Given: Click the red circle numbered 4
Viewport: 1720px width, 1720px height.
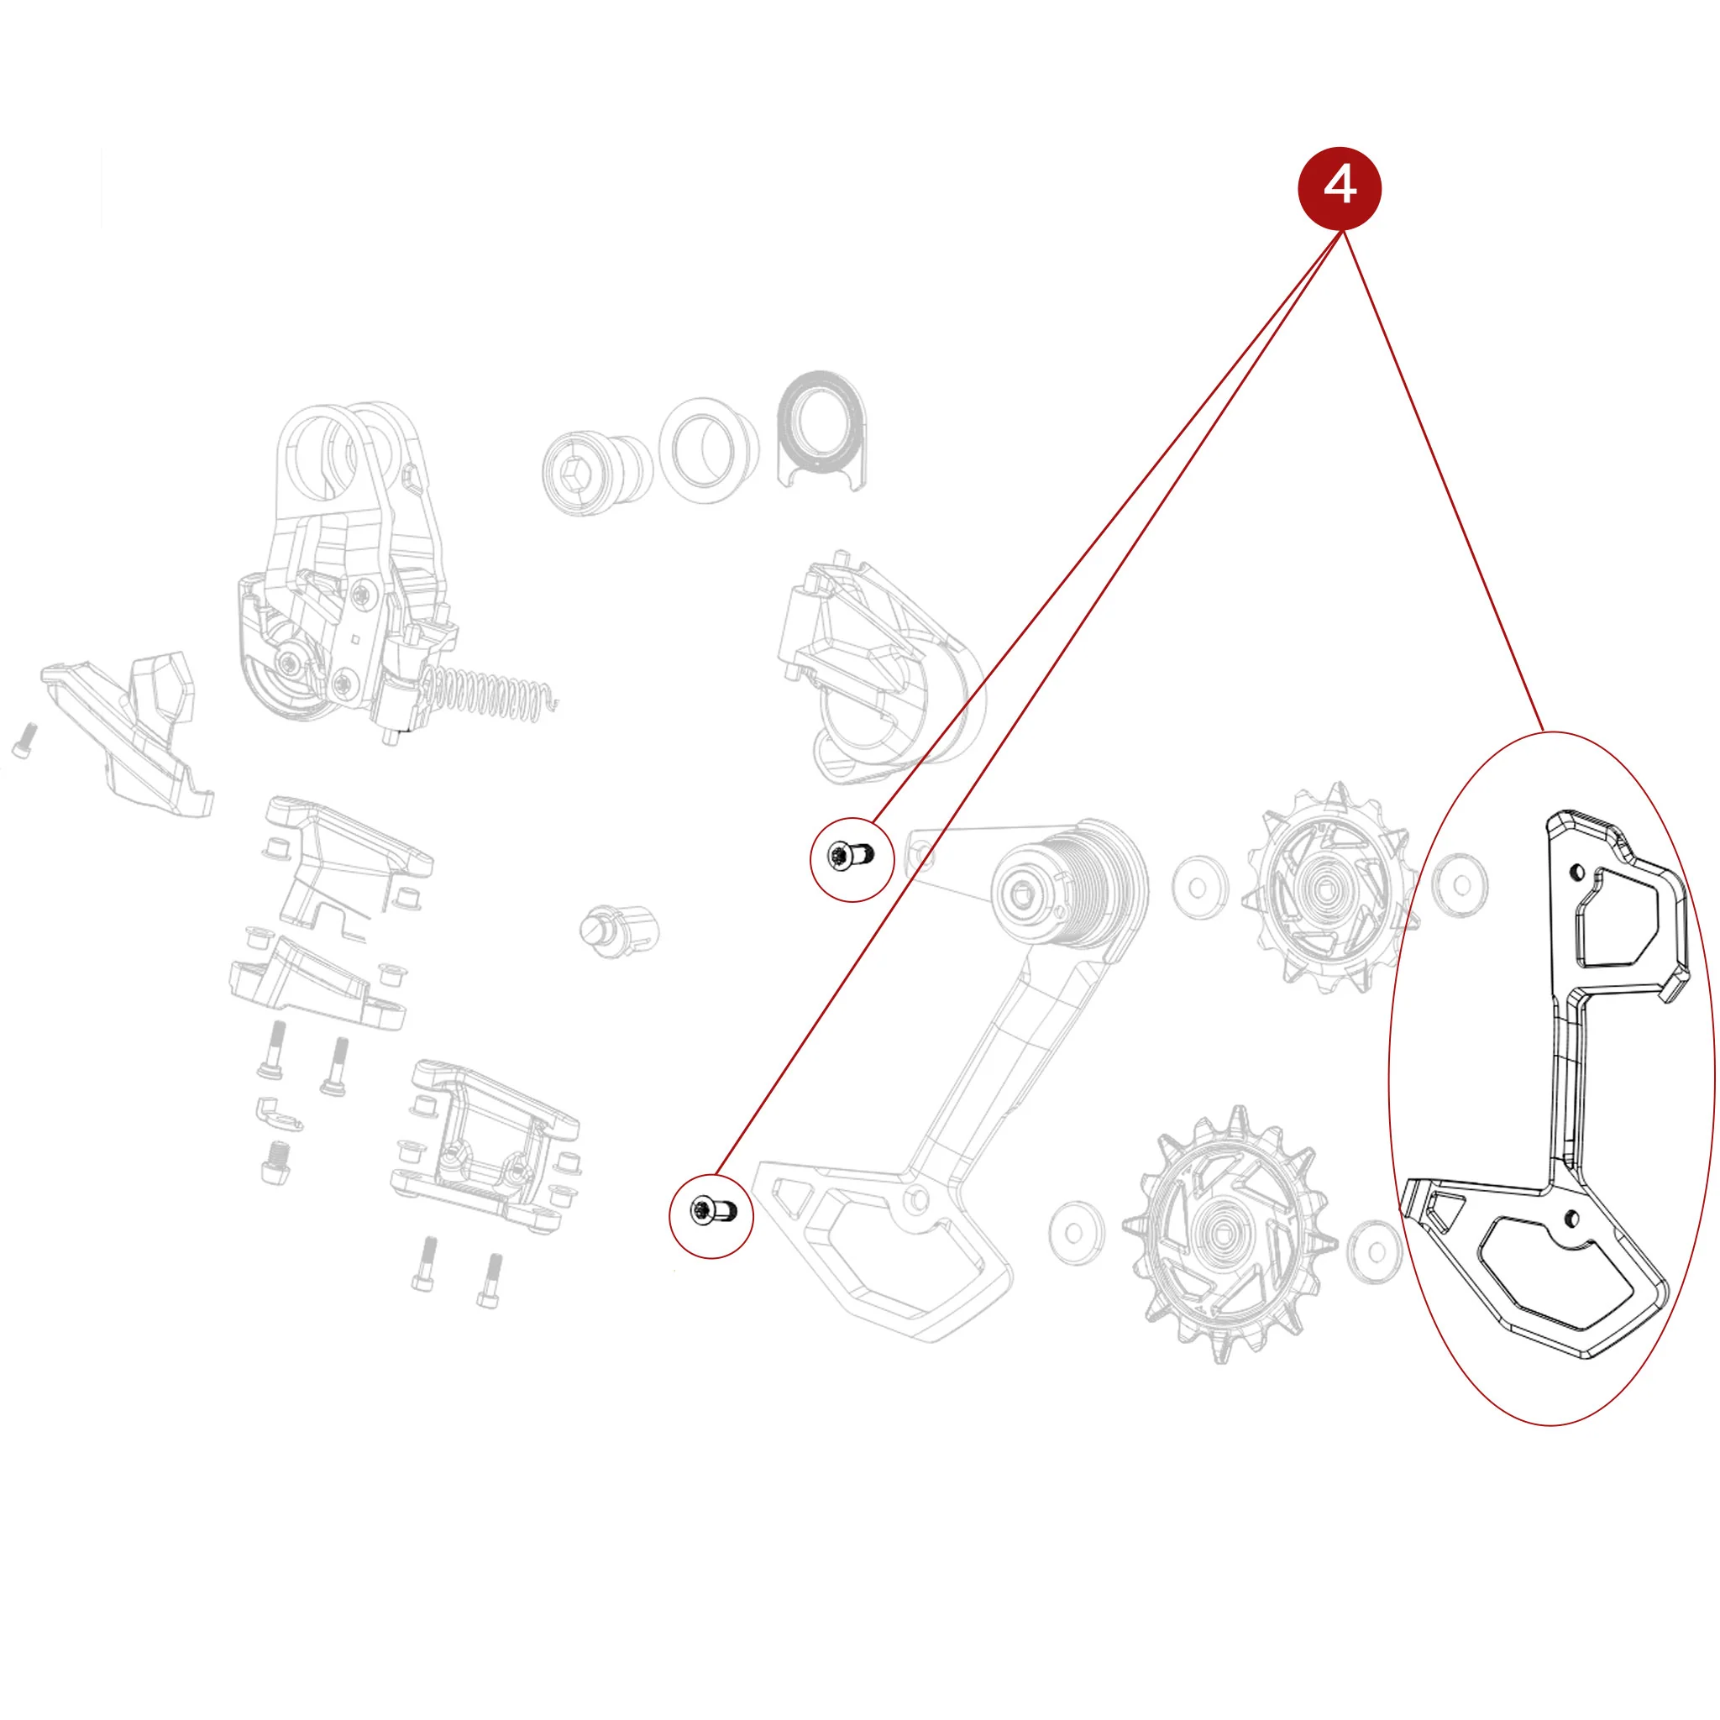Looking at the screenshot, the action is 1340,188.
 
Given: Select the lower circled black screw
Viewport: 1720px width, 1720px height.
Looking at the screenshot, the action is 711,1210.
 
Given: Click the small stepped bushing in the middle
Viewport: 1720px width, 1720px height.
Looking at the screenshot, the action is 618,931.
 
